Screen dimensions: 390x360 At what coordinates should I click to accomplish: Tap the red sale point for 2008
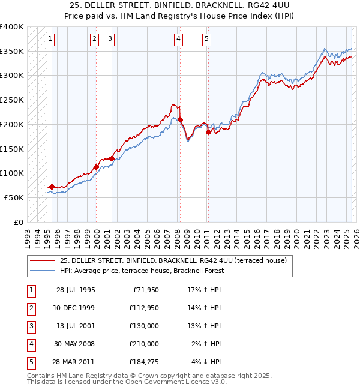[x=180, y=120]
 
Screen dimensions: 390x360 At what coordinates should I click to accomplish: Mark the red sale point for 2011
[x=208, y=132]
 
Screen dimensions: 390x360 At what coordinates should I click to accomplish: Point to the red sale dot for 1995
[x=52, y=187]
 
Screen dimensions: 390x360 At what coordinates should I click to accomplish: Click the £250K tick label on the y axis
[x=12, y=100]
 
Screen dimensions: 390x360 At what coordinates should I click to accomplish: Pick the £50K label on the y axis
[x=14, y=197]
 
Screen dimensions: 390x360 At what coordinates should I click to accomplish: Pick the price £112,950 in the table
[x=142, y=308]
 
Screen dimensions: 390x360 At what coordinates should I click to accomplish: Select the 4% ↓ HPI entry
[x=206, y=362]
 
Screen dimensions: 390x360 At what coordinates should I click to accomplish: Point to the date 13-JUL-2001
[x=76, y=326]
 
